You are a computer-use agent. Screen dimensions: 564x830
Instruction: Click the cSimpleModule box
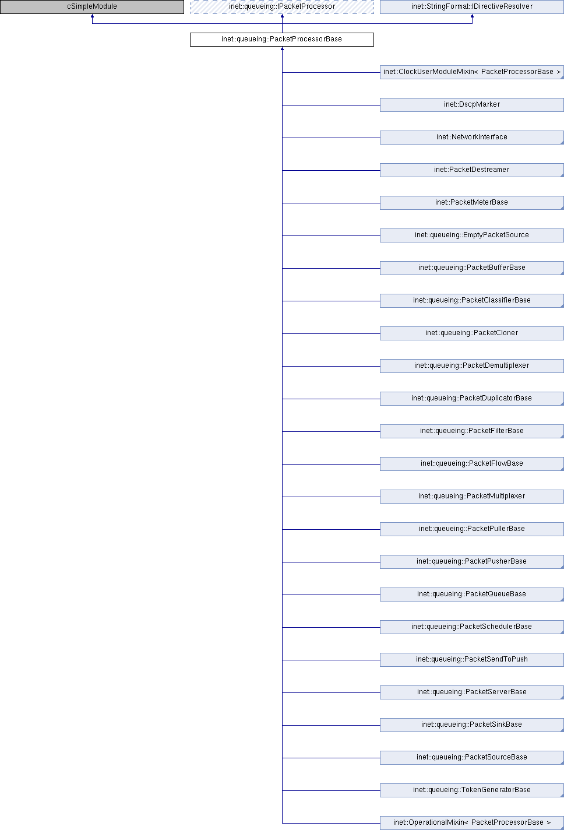click(92, 6)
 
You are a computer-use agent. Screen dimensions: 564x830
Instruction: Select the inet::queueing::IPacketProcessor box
click(282, 6)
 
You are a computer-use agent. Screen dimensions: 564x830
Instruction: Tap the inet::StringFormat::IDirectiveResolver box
click(472, 6)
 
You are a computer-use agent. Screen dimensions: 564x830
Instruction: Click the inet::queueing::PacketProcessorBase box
click(282, 39)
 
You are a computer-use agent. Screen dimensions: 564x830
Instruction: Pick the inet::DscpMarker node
click(472, 104)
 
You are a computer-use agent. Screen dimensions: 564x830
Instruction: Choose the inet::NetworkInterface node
click(472, 137)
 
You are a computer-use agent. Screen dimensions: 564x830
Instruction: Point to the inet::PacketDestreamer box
click(472, 170)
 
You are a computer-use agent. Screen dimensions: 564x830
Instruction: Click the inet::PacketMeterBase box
click(472, 202)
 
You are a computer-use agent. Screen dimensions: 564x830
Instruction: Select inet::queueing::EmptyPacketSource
click(472, 235)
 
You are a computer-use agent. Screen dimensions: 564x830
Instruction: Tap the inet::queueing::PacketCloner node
click(472, 333)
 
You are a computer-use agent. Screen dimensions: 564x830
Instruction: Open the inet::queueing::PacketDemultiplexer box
click(472, 365)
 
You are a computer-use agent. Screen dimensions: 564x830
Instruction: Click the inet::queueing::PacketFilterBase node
click(472, 431)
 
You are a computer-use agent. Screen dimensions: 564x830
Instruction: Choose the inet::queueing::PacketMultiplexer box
click(472, 496)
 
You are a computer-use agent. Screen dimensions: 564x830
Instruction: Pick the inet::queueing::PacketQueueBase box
click(472, 593)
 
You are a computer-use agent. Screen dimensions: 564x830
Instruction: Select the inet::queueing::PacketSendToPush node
click(472, 659)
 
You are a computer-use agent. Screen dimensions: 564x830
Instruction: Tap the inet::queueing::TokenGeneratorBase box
click(472, 789)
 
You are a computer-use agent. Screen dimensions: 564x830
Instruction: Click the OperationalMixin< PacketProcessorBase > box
click(472, 822)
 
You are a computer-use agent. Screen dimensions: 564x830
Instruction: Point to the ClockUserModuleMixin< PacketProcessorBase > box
click(472, 72)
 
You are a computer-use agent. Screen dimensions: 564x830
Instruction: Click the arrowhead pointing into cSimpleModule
click(92, 16)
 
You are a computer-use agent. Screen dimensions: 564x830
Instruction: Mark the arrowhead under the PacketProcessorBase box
click(282, 48)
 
